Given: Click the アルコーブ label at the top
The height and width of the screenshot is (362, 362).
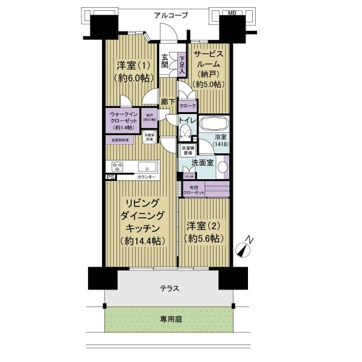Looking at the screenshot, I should tap(171, 15).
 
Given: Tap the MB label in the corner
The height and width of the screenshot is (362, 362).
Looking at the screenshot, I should tap(232, 12).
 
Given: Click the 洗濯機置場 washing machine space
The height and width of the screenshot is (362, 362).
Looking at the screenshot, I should tap(186, 150).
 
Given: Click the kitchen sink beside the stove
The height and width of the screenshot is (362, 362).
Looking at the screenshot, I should tap(147, 167).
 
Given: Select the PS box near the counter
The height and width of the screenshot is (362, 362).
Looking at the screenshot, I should tap(110, 177).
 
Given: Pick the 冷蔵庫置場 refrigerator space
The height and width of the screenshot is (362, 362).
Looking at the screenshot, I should tap(150, 138).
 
